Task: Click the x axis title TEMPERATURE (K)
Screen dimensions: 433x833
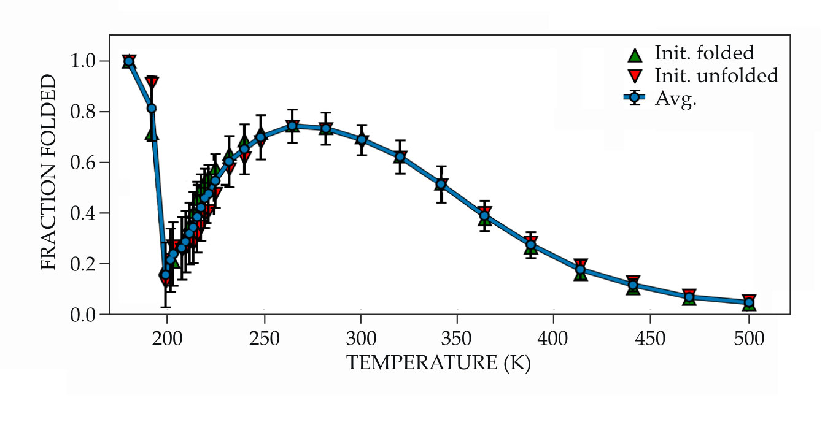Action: click(438, 363)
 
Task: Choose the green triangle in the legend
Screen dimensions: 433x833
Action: click(635, 55)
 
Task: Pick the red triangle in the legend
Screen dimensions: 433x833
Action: click(635, 76)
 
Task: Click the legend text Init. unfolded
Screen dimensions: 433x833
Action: click(716, 76)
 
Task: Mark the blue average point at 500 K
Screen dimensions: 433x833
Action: click(749, 302)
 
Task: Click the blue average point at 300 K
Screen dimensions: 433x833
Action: click(362, 139)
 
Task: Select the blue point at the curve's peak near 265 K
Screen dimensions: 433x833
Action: click(292, 126)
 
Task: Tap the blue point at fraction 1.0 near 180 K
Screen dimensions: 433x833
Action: click(128, 61)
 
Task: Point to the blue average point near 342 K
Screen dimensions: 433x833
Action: click(441, 185)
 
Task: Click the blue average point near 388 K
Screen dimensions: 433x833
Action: click(531, 245)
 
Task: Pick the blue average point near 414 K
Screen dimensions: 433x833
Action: click(580, 270)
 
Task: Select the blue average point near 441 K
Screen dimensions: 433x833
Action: click(633, 285)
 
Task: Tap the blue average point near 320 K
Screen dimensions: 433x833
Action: click(400, 157)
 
